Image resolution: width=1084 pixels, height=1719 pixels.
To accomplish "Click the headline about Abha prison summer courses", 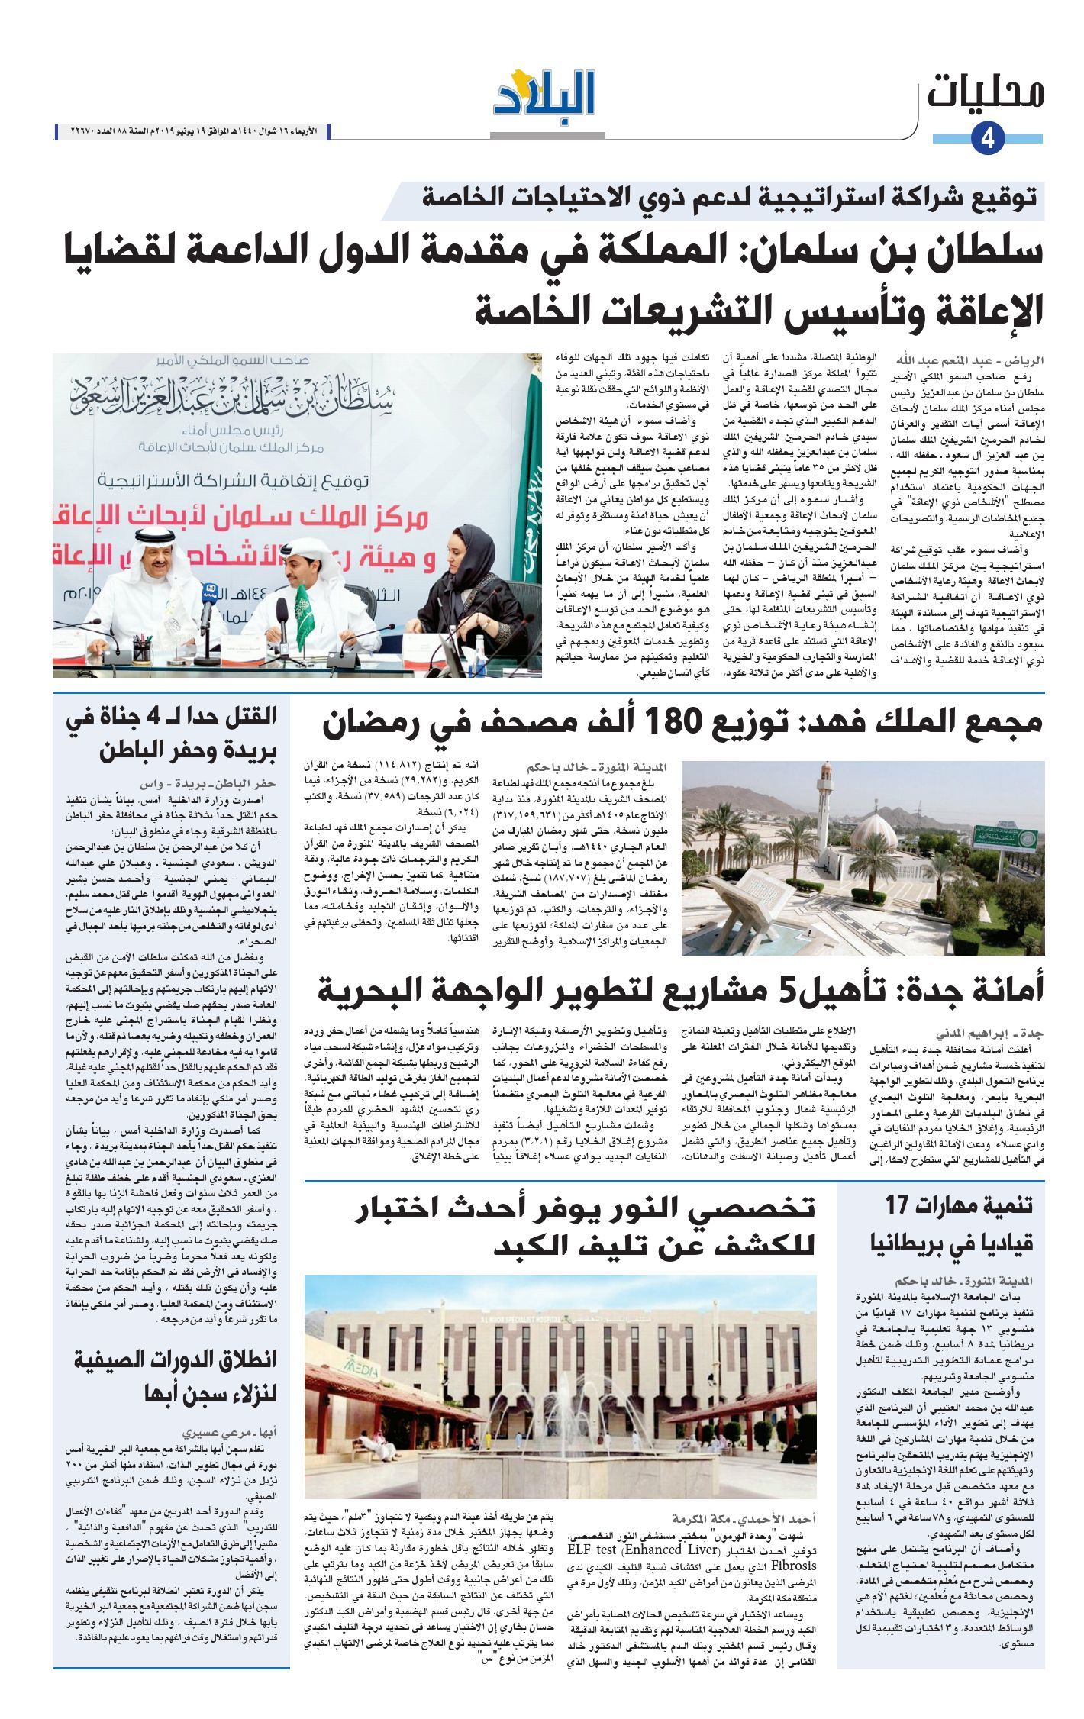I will coord(180,1376).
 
